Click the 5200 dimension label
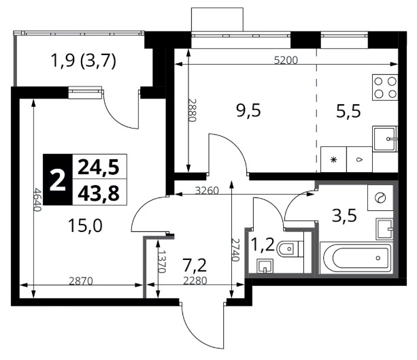click(286, 60)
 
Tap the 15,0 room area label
click(85, 225)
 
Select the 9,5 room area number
click(248, 110)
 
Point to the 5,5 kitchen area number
click(348, 111)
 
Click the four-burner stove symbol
click(385, 87)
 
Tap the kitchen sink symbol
click(385, 139)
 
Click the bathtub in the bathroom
click(356, 257)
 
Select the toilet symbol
click(290, 249)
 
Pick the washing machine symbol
click(380, 198)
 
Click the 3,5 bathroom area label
click(344, 216)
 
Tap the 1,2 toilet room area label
click(262, 245)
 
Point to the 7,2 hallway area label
click(195, 265)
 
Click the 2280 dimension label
click(195, 280)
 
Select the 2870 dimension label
click(81, 280)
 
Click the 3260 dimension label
click(207, 191)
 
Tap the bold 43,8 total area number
click(99, 193)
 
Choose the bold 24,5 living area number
click(99, 167)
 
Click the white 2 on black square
click(58, 180)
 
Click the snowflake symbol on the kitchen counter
click(333, 160)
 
